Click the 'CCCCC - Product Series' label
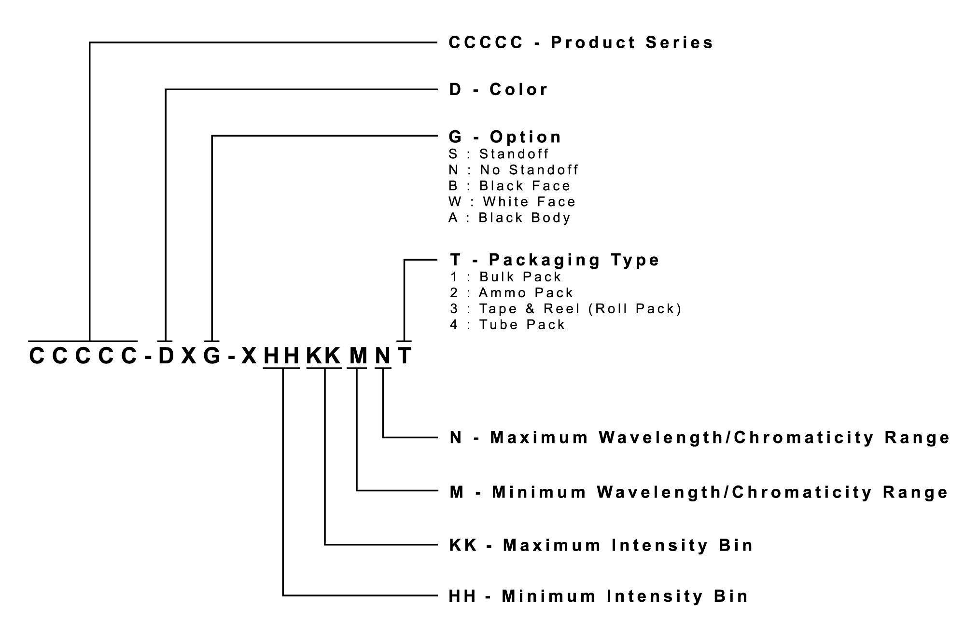click(x=581, y=42)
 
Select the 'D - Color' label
click(x=498, y=89)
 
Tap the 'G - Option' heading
click(x=505, y=137)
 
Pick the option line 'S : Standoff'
click(x=499, y=154)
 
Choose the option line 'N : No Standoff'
click(x=513, y=170)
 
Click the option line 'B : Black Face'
click(x=509, y=186)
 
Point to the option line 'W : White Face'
click(x=512, y=202)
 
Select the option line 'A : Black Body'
click(x=509, y=218)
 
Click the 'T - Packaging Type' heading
click(x=554, y=260)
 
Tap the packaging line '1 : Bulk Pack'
click(x=505, y=277)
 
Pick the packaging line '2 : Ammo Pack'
click(x=511, y=293)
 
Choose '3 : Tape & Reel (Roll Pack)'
click(x=565, y=309)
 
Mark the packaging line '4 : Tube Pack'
click(x=507, y=325)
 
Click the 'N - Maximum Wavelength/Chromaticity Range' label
click(x=699, y=437)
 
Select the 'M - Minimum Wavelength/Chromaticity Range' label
click(x=699, y=492)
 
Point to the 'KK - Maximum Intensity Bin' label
click(x=601, y=545)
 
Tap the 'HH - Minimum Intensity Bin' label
click(x=598, y=596)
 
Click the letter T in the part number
click(x=405, y=356)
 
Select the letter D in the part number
click(x=166, y=356)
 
